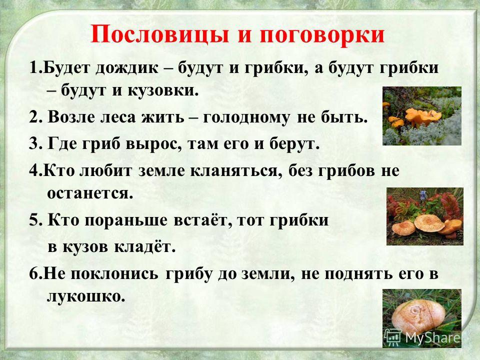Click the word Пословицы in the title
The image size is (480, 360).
(159, 34)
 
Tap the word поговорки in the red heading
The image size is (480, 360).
(322, 35)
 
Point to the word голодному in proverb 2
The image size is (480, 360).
(246, 118)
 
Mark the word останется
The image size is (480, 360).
(90, 193)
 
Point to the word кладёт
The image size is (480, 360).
(145, 246)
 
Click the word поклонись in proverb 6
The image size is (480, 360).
(114, 274)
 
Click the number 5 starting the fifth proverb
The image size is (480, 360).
(33, 220)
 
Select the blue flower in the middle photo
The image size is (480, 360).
(423, 195)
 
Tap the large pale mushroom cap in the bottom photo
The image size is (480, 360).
(418, 316)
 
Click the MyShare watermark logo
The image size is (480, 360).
(423, 337)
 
